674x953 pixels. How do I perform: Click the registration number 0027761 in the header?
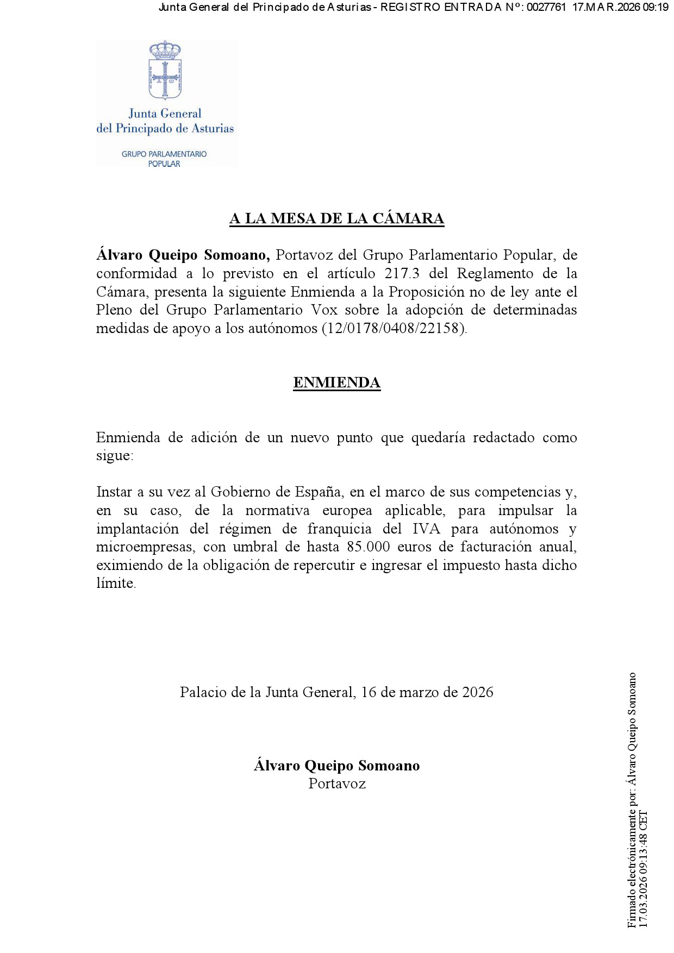click(546, 7)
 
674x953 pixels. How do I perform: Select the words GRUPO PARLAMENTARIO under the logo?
click(164, 154)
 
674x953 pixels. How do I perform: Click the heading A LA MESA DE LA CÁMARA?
click(336, 218)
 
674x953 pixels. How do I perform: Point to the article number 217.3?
click(402, 273)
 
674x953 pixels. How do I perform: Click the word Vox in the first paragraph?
click(324, 310)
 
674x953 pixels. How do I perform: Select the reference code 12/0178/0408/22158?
click(395, 328)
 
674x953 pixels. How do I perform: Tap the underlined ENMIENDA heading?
click(336, 383)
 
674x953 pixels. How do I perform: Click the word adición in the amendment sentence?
click(214, 437)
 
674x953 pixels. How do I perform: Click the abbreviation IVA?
click(426, 529)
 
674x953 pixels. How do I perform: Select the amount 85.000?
click(369, 547)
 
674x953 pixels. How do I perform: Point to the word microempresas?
click(145, 547)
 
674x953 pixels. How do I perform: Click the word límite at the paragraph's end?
click(115, 583)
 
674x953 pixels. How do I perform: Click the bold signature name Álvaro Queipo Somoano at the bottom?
click(336, 766)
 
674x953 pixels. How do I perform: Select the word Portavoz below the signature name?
click(337, 783)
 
